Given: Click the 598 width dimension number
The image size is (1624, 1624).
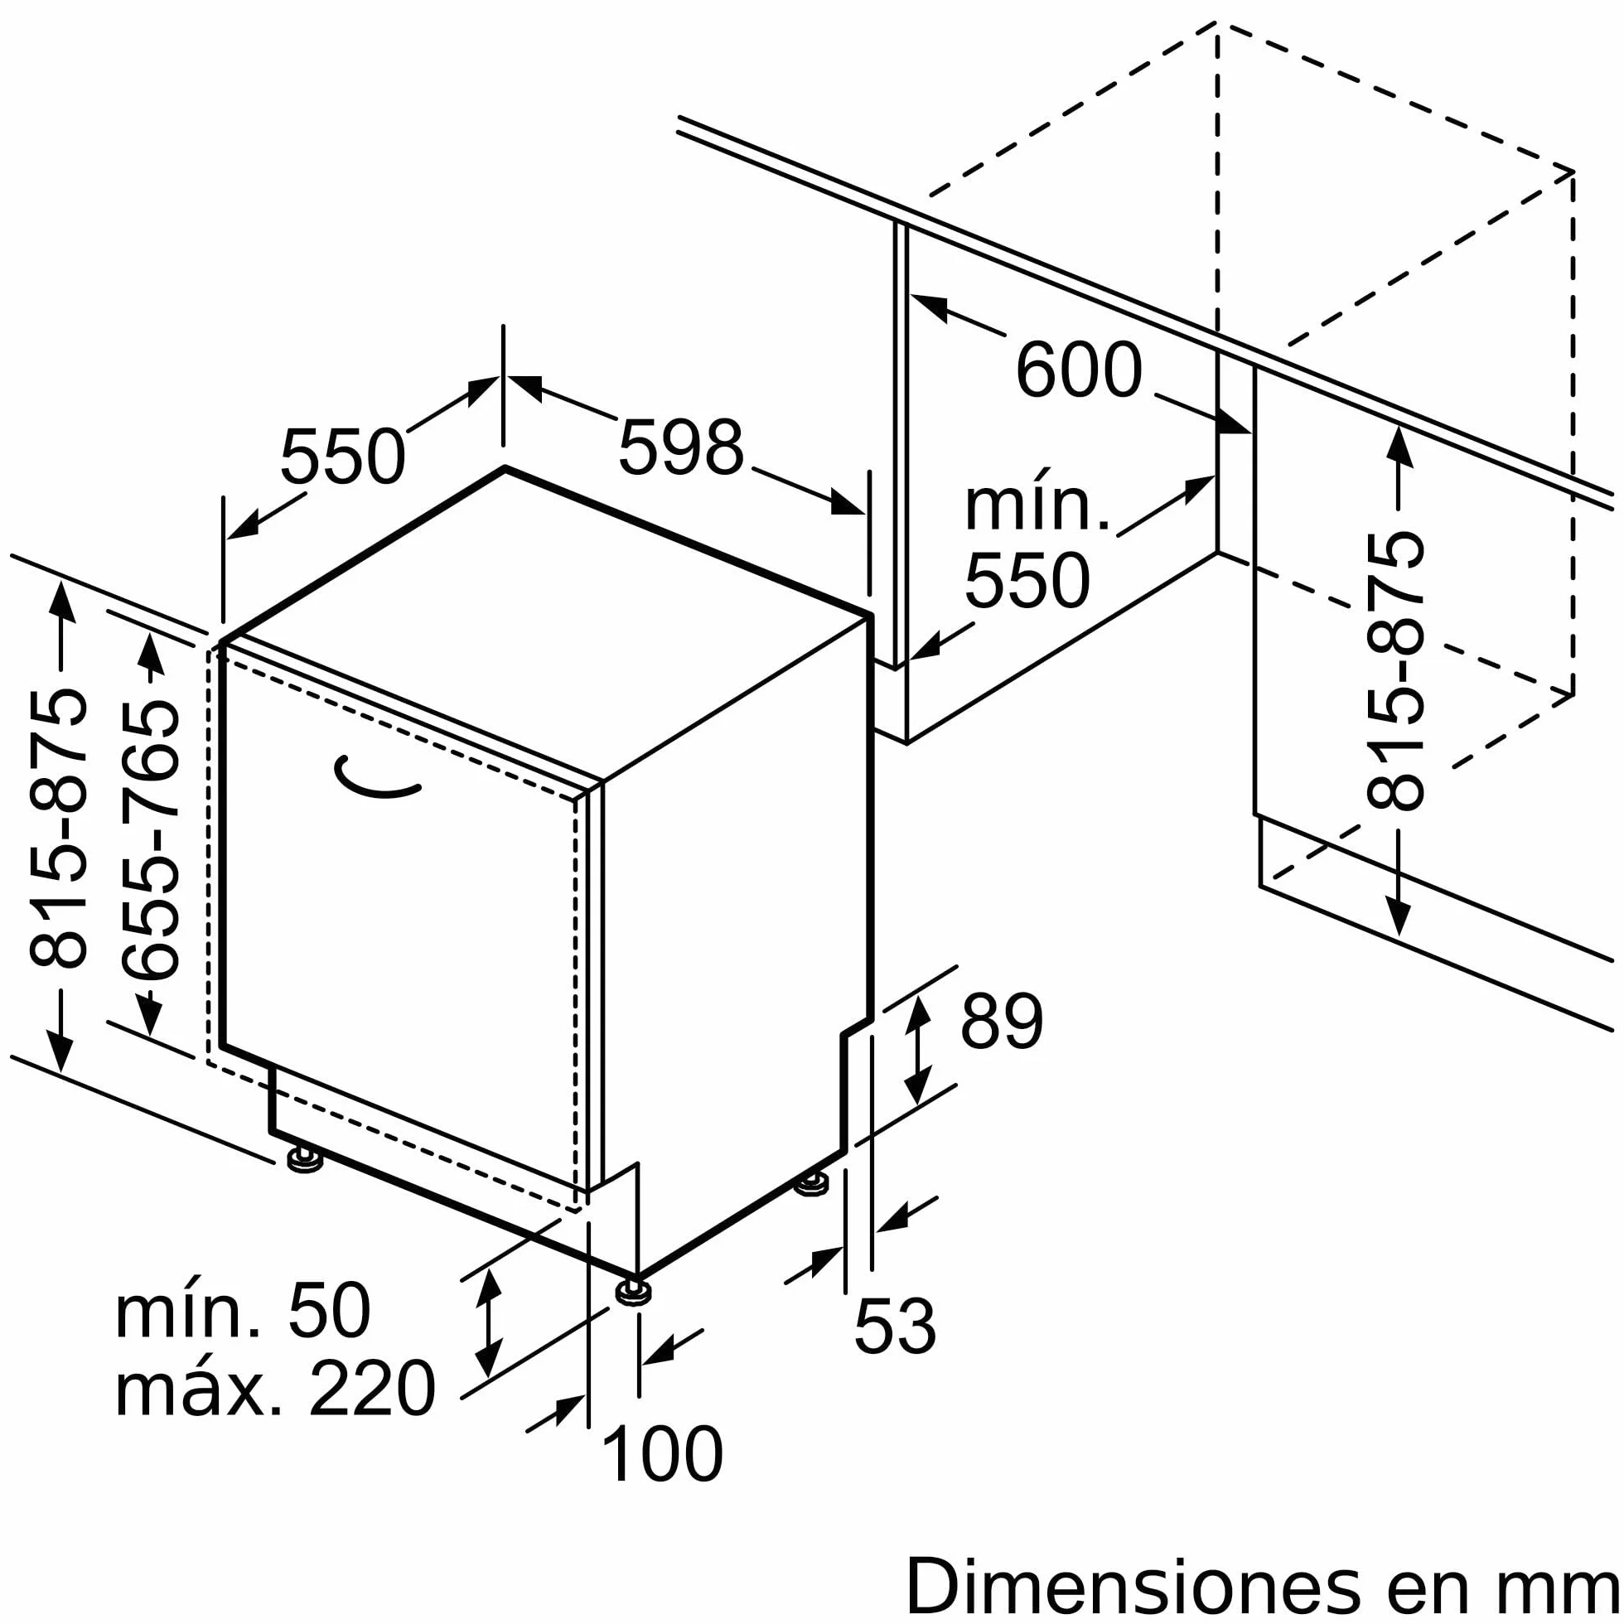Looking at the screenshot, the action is (681, 447).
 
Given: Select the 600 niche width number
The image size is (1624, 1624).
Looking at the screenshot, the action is (1079, 369).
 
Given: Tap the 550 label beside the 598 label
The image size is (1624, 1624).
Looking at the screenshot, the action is (343, 457).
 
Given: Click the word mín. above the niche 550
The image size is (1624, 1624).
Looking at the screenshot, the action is (1037, 505).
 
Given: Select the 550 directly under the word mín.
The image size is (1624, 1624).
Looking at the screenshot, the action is (1027, 580).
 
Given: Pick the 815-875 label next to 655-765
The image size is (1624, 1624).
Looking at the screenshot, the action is (58, 828).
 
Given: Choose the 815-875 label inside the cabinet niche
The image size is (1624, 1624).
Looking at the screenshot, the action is (1395, 671).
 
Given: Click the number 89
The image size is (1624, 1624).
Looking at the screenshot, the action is (1001, 1022).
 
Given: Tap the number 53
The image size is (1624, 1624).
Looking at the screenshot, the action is (894, 1327).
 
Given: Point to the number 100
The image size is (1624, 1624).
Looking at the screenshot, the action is (662, 1454).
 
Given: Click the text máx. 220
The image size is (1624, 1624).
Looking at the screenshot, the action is (276, 1389).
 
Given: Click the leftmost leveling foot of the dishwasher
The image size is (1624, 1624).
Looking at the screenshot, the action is (305, 1161).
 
